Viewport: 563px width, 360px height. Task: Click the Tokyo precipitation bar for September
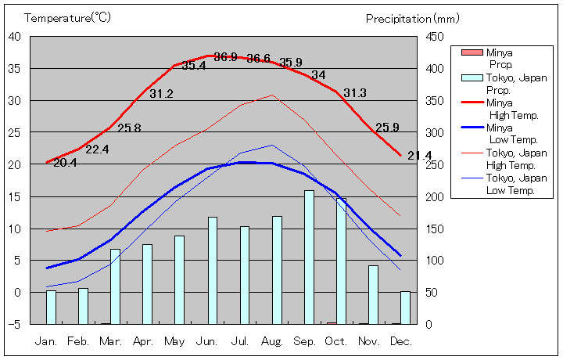click(309, 257)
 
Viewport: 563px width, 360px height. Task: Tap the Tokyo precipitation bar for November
click(373, 294)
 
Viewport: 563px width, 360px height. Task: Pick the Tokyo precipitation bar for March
click(116, 286)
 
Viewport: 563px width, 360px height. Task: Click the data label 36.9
click(225, 57)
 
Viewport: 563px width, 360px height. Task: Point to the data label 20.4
click(65, 163)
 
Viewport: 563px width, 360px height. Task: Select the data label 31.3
click(354, 92)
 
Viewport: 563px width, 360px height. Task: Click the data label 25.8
click(129, 128)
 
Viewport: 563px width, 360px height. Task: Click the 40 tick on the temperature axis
click(15, 36)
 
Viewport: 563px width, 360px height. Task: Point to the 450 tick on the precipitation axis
click(436, 36)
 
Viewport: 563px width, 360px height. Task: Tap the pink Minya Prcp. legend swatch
click(472, 52)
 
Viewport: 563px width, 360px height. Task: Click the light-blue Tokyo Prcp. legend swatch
click(472, 77)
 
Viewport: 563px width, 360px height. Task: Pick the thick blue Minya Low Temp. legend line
click(472, 128)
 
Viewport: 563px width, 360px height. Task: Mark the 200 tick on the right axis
click(436, 196)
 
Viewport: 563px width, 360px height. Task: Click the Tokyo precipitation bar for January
click(52, 307)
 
